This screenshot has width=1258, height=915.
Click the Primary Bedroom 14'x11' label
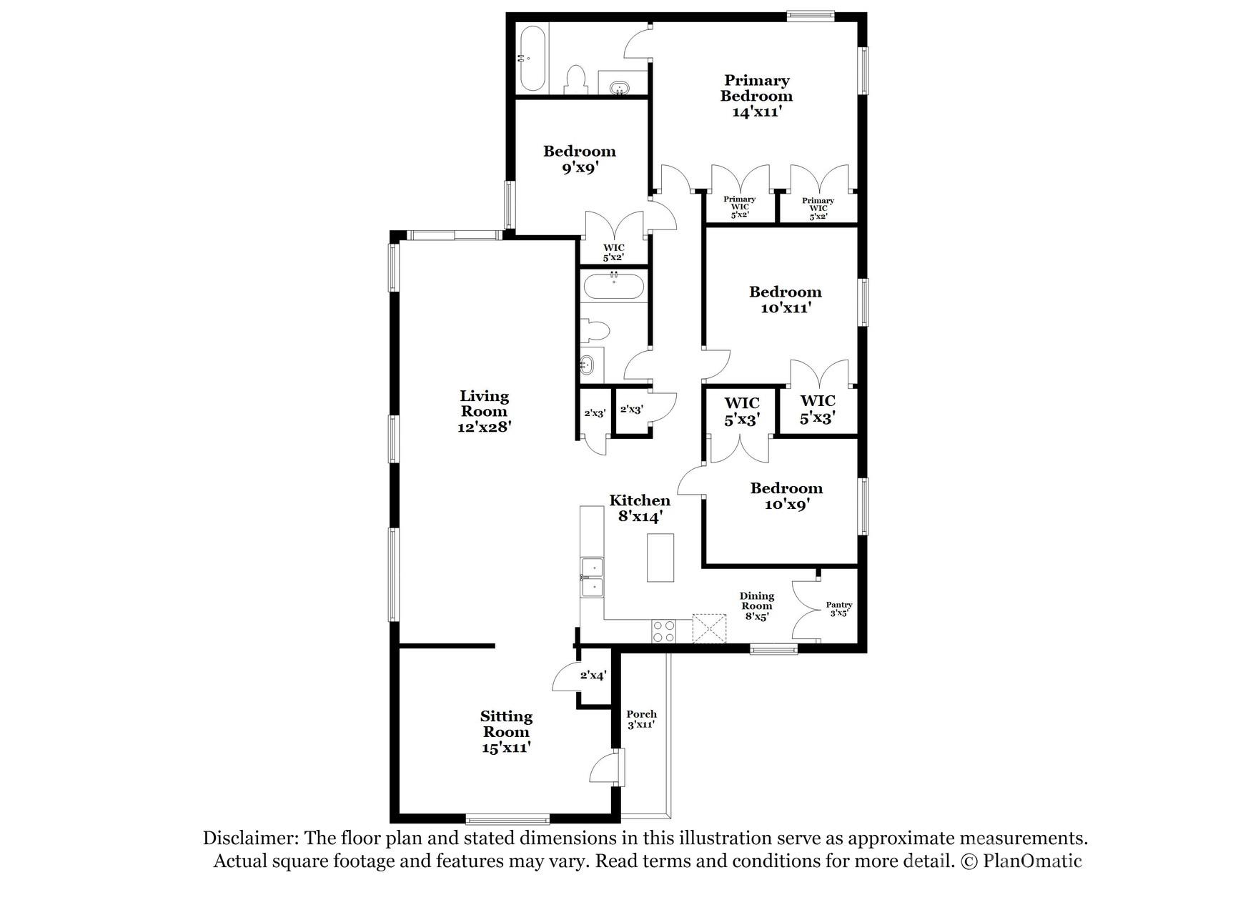(x=756, y=96)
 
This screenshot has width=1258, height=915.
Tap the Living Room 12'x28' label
(x=484, y=411)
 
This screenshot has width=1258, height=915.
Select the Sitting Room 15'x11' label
(x=506, y=731)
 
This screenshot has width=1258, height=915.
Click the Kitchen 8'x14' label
(x=640, y=508)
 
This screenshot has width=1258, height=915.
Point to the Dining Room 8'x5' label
(x=756, y=605)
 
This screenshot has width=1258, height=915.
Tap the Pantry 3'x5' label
(x=838, y=608)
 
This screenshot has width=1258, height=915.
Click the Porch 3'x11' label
(x=641, y=719)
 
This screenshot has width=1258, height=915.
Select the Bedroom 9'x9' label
(x=579, y=159)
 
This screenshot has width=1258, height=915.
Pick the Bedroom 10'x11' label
(x=785, y=300)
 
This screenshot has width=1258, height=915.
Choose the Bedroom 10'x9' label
(x=786, y=496)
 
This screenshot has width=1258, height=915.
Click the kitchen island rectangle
(x=660, y=557)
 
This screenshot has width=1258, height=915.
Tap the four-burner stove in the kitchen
(x=663, y=630)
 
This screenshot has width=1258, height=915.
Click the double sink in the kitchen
(x=592, y=578)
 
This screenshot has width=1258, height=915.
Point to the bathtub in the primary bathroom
(x=532, y=59)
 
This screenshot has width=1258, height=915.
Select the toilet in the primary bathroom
(x=575, y=79)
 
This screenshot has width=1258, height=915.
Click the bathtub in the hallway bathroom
(x=614, y=287)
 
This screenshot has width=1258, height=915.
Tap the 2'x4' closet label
(x=593, y=675)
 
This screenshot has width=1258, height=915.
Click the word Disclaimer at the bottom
(x=250, y=838)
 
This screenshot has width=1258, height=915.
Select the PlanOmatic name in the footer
(x=1032, y=861)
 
